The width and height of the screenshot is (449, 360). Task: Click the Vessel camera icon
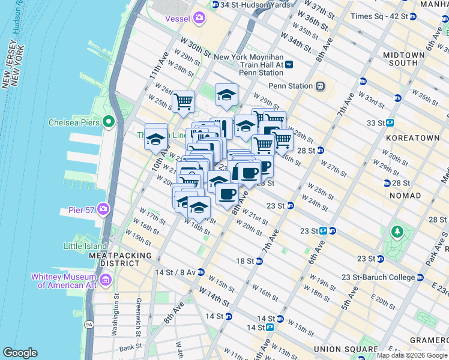pyautogui.click(x=199, y=19)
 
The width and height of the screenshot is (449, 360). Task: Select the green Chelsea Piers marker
pyautogui.click(x=109, y=122)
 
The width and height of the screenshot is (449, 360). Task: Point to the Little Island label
pyautogui.click(x=85, y=245)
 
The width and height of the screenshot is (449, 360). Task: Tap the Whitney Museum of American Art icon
pyautogui.click(x=106, y=280)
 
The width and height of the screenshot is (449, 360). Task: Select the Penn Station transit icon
pyautogui.click(x=321, y=86)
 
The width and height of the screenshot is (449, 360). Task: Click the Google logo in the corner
pyautogui.click(x=20, y=353)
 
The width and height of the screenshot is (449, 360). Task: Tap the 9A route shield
pyautogui.click(x=89, y=325)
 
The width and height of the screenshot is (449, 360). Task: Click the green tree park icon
pyautogui.click(x=396, y=232)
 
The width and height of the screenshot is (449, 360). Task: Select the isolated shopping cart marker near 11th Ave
pyautogui.click(x=183, y=101)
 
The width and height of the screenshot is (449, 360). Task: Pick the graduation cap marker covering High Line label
pyautogui.click(x=155, y=139)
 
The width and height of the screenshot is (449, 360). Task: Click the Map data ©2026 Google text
pyautogui.click(x=412, y=355)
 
